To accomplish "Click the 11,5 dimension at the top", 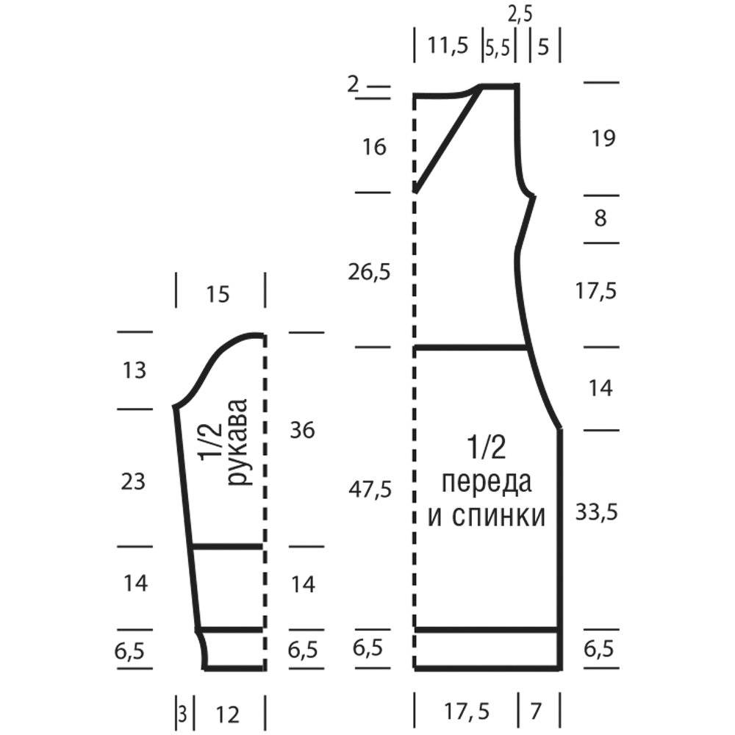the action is (448, 46).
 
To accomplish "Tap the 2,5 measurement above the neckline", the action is (520, 15).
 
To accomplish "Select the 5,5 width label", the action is (498, 47).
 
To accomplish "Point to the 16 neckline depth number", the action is (374, 147).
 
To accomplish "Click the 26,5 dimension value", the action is (369, 272).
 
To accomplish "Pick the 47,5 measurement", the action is (370, 490).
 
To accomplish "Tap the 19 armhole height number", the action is (603, 138).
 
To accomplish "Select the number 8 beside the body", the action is (600, 218).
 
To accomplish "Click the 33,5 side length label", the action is (597, 512).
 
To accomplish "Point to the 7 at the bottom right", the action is (536, 711).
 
